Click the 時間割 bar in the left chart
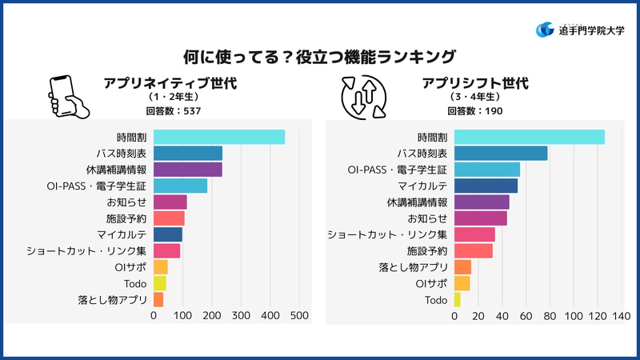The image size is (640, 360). (x=218, y=137)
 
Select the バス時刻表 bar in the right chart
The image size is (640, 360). (x=501, y=153)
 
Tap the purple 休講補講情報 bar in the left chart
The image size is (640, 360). (x=187, y=170)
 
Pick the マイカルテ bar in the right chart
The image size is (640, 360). (x=486, y=186)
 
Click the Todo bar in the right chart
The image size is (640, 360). (x=457, y=300)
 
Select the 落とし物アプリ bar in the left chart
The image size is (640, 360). (x=158, y=300)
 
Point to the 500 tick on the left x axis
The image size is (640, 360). (x=299, y=316)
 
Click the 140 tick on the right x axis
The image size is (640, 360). (x=621, y=316)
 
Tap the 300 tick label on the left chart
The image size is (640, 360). (x=241, y=316)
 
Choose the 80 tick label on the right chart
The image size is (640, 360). (x=550, y=316)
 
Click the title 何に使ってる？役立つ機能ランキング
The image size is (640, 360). (x=319, y=57)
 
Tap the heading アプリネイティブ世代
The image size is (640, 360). (x=170, y=83)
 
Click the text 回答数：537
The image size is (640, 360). (x=170, y=110)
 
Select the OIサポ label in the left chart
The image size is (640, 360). (x=131, y=267)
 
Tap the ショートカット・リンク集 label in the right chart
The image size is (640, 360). (x=387, y=234)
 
